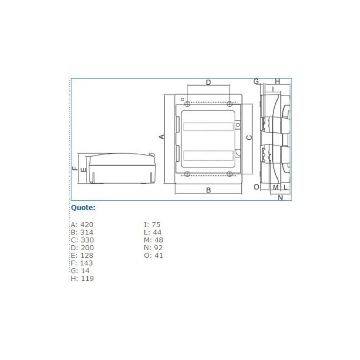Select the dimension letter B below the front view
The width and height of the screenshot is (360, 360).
click(208, 190)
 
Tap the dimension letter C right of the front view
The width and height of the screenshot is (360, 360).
click(249, 137)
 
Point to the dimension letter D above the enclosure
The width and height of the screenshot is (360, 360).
click(208, 82)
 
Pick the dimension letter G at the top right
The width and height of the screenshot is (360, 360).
click(256, 81)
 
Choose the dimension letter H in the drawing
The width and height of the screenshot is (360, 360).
click(277, 81)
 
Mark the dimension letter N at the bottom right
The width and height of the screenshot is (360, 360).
click(280, 197)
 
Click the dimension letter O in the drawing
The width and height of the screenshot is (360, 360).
click(256, 187)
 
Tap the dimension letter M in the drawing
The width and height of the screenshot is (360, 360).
click(275, 187)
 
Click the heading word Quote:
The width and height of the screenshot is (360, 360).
click(83, 207)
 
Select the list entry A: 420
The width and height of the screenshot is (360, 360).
click(82, 224)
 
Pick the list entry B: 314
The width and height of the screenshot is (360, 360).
click(82, 232)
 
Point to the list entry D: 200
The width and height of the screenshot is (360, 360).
click(82, 247)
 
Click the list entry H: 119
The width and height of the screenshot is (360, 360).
click(82, 279)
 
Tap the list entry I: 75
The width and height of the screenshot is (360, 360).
click(152, 224)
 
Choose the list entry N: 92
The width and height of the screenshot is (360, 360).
click(153, 247)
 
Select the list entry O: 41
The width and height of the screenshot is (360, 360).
click(153, 255)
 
